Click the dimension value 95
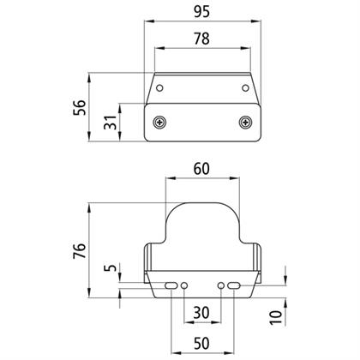pyautogui.click(x=202, y=12)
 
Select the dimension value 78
pyautogui.click(x=202, y=39)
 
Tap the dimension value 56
pyautogui.click(x=80, y=107)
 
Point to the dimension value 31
pyautogui.click(x=111, y=122)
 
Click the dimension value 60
pyautogui.click(x=201, y=169)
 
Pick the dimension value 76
pyautogui.click(x=80, y=251)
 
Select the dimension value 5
pyautogui.click(x=111, y=267)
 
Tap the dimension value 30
pyautogui.click(x=201, y=313)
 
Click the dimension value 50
pyautogui.click(x=201, y=343)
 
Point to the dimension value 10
pyautogui.click(x=276, y=318)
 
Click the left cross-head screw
pyautogui.click(x=159, y=123)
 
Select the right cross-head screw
pyautogui.click(x=245, y=123)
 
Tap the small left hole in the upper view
pyautogui.click(x=160, y=87)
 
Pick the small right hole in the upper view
pyautogui.click(x=245, y=87)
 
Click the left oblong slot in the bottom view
pyautogui.click(x=171, y=285)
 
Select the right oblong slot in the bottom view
pyautogui.click(x=234, y=285)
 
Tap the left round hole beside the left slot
pyautogui.click(x=184, y=285)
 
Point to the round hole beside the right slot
pyautogui.click(x=221, y=285)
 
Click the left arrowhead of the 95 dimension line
pyautogui.click(x=149, y=21)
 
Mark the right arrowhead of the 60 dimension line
pyautogui.click(x=234, y=178)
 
